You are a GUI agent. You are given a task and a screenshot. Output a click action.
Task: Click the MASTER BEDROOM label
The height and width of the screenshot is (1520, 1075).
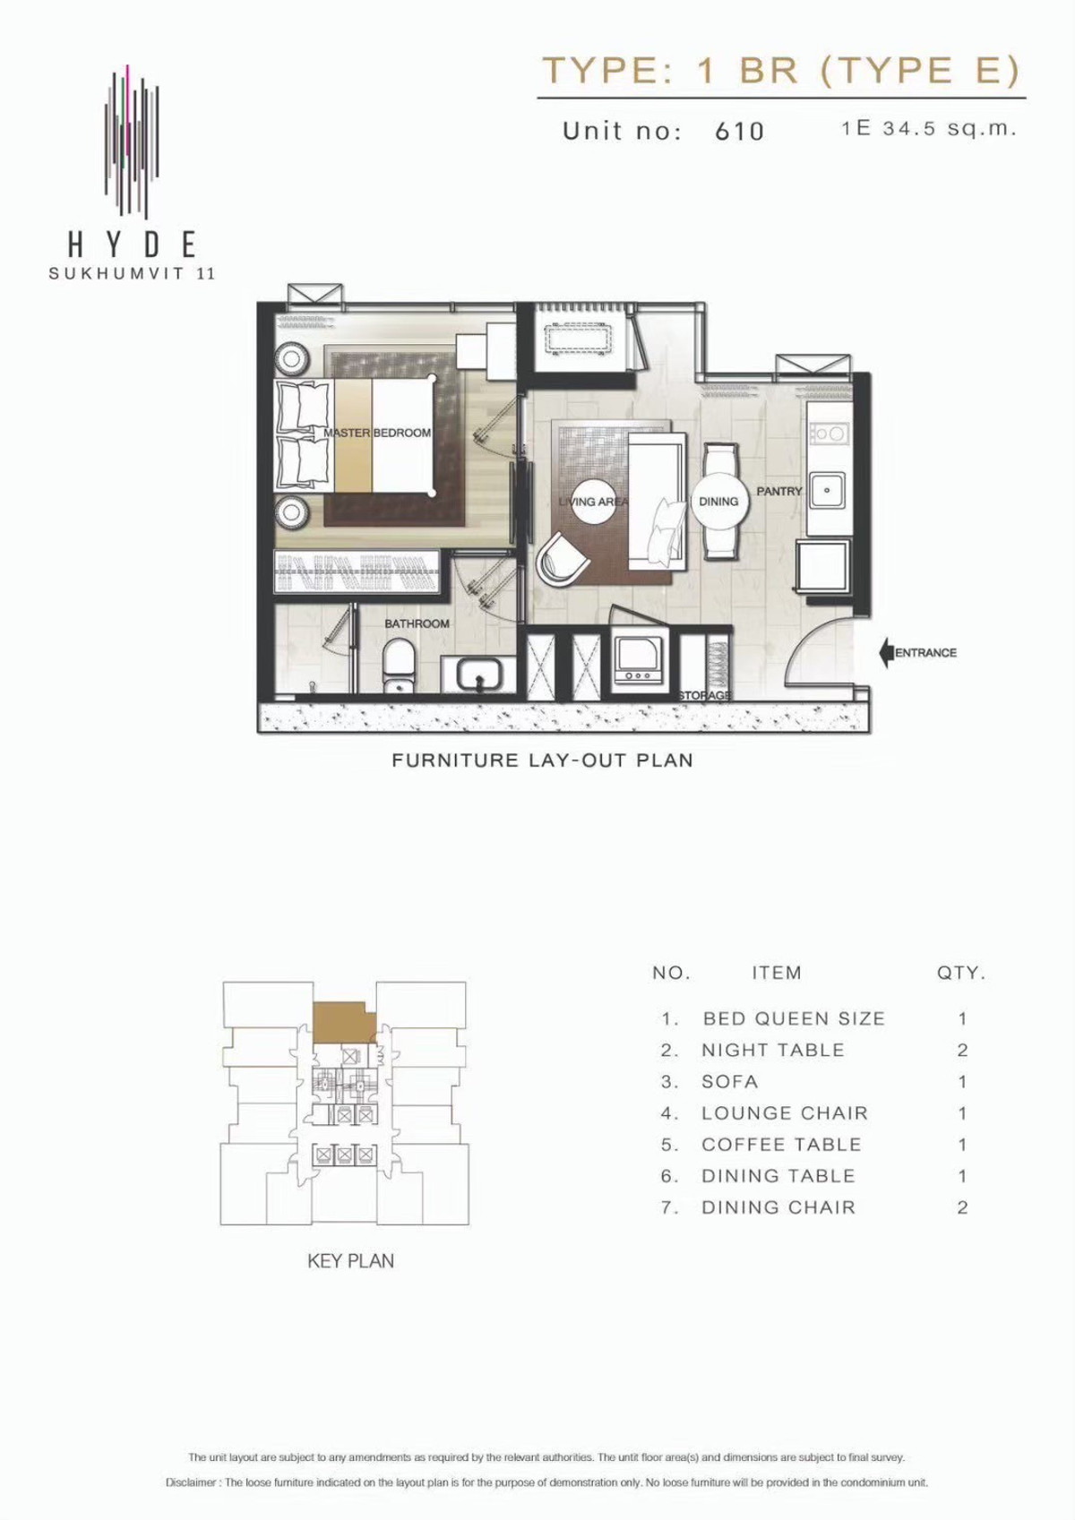click(x=377, y=433)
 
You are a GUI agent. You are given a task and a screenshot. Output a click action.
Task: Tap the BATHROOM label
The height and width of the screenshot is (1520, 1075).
click(x=417, y=623)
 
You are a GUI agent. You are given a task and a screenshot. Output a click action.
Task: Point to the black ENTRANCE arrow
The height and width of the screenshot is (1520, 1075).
click(x=886, y=653)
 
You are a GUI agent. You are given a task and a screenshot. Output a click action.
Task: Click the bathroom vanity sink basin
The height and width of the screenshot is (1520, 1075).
click(x=480, y=674)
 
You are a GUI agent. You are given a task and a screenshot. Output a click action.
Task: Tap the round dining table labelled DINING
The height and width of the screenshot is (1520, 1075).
click(x=718, y=502)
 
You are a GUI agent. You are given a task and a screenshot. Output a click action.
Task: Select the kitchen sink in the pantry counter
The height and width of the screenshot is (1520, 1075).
click(x=827, y=489)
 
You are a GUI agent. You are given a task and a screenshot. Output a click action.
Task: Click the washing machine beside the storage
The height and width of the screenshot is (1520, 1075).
click(x=638, y=661)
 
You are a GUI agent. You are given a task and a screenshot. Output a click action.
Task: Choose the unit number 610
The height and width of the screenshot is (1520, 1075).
click(x=740, y=130)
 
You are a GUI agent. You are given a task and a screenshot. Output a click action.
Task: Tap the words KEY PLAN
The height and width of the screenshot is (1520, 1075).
click(x=351, y=1261)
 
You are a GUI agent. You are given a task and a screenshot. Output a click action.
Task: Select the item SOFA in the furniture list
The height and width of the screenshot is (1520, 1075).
click(x=729, y=1082)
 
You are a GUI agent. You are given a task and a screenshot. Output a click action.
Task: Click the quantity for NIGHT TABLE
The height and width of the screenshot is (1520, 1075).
click(x=962, y=1051)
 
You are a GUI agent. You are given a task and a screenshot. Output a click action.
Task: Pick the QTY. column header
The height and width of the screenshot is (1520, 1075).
click(x=961, y=973)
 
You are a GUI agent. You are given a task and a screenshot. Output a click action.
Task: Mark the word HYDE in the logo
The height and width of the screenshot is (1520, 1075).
click(x=133, y=245)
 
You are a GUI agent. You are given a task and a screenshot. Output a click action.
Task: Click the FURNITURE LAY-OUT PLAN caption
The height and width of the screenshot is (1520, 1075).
click(x=543, y=760)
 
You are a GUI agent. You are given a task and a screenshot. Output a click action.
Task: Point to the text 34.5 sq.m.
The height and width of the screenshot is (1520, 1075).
click(x=950, y=127)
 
